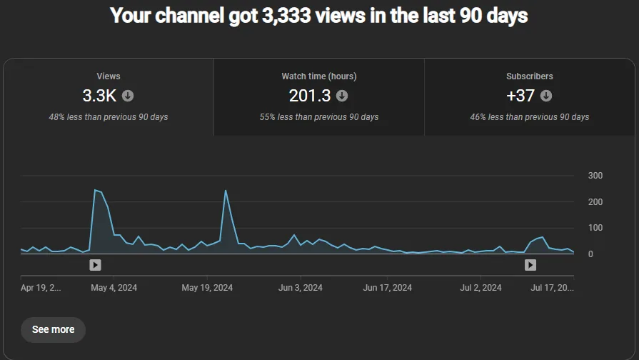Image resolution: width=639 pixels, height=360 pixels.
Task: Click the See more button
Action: [53, 329]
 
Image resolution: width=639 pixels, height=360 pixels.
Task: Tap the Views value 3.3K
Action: [99, 96]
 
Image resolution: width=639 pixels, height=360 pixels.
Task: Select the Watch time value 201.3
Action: [310, 96]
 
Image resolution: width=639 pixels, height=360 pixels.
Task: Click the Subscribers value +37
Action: [520, 96]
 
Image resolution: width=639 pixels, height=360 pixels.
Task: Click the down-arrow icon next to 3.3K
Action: [128, 96]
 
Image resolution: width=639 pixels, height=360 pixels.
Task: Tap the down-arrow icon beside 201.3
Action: [342, 96]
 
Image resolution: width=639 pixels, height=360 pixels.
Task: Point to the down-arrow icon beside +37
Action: [546, 96]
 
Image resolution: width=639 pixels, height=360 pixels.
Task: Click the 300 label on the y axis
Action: [595, 175]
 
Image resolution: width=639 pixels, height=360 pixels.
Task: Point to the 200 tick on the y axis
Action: [595, 202]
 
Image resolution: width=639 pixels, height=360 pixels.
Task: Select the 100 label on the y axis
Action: [595, 227]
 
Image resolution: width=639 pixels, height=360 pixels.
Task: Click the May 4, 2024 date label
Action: [114, 288]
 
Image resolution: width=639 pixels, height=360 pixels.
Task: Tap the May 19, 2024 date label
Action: [207, 288]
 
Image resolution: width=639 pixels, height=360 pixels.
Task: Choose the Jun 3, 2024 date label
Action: [301, 288]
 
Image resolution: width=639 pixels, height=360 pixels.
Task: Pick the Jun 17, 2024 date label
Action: [388, 288]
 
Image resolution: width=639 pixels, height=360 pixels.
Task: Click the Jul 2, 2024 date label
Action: [480, 288]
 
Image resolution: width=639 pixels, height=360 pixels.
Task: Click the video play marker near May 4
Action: [96, 265]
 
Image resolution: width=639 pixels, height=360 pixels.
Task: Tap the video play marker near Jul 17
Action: [530, 265]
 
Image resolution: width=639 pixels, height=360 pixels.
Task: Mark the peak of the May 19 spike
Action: [226, 191]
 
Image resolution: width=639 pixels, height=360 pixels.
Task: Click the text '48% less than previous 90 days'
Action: [109, 117]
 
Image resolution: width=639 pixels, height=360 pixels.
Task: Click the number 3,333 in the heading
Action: [286, 16]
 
